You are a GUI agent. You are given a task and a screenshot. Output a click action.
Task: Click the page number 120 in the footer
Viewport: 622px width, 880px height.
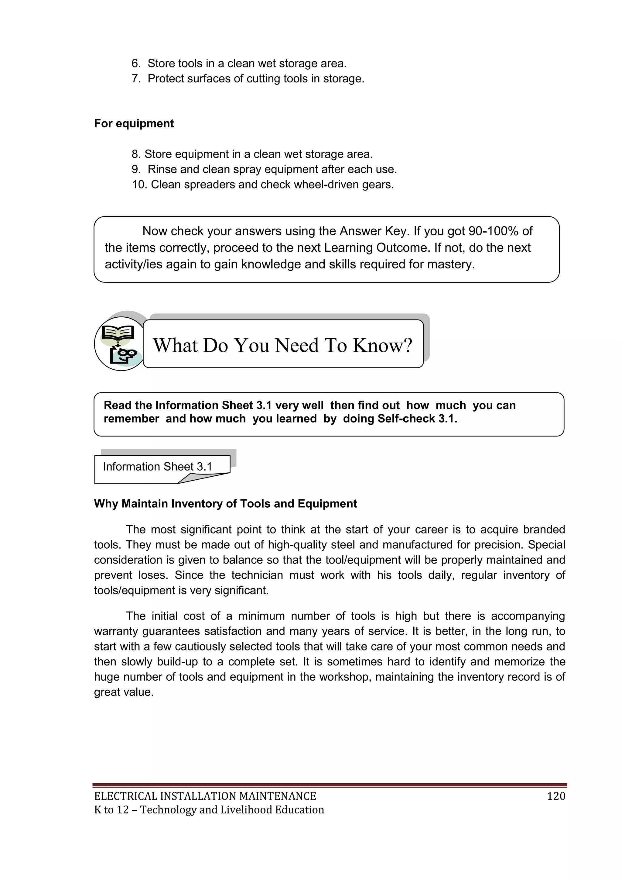(x=556, y=796)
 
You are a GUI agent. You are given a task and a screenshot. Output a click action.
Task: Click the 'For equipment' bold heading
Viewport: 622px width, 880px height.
(x=134, y=123)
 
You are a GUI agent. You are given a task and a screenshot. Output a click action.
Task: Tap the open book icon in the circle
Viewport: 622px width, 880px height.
(x=119, y=333)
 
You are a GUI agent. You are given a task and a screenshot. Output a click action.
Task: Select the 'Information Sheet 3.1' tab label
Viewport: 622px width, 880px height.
(x=157, y=467)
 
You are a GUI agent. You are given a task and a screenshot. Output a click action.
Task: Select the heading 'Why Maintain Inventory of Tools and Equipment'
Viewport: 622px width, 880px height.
(x=225, y=504)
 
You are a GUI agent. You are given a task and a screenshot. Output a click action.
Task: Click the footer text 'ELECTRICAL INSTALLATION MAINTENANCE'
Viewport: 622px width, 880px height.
(x=205, y=796)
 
